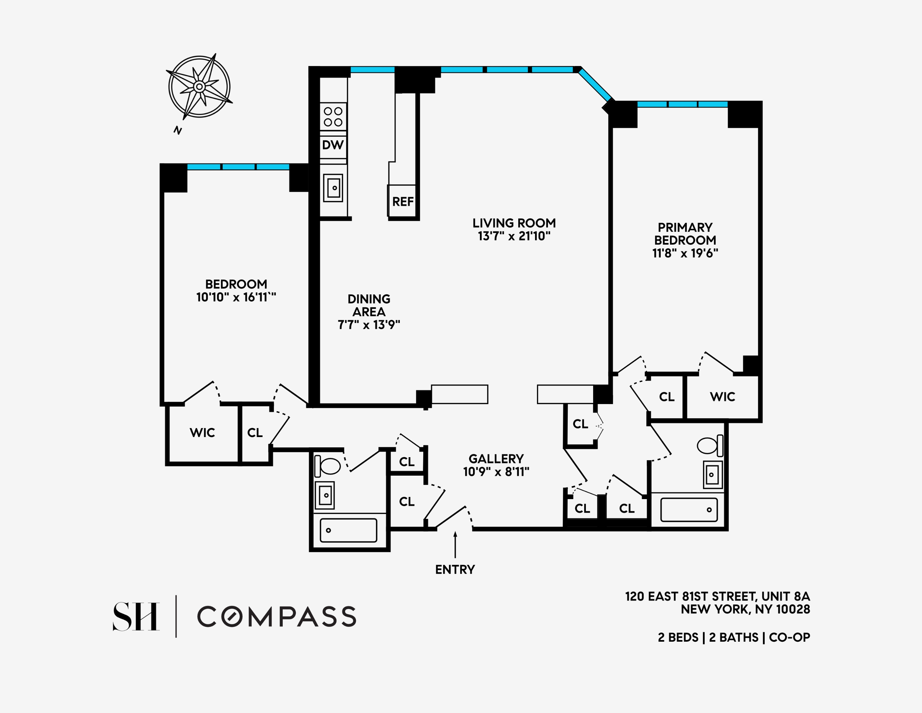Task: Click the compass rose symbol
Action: (x=199, y=86)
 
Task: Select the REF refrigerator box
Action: (x=402, y=201)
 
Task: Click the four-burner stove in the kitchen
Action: (x=333, y=117)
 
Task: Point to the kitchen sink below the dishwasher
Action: (x=333, y=188)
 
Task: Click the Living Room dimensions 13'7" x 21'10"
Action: (x=514, y=236)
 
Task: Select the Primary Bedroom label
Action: (x=685, y=234)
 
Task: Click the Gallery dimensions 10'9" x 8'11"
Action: (x=496, y=472)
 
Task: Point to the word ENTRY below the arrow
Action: (x=455, y=570)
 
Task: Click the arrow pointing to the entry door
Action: (x=455, y=545)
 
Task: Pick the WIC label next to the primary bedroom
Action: (x=722, y=397)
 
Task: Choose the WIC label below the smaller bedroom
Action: (x=202, y=432)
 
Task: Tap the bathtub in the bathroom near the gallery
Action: (x=348, y=530)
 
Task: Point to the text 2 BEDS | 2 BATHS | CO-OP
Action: (x=734, y=637)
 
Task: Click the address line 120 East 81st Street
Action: (x=717, y=596)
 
